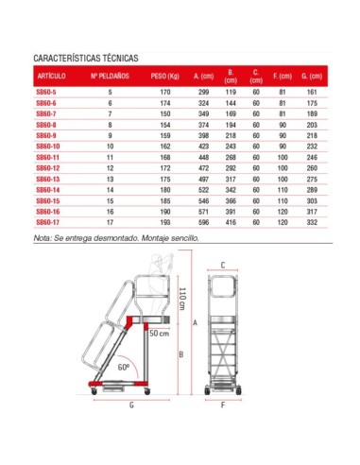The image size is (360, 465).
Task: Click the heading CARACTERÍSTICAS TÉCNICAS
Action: (x=86, y=58)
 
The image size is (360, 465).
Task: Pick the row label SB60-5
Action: (x=46, y=93)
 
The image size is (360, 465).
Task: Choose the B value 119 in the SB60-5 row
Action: (x=230, y=93)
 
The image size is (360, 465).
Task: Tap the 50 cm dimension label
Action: (x=162, y=333)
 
